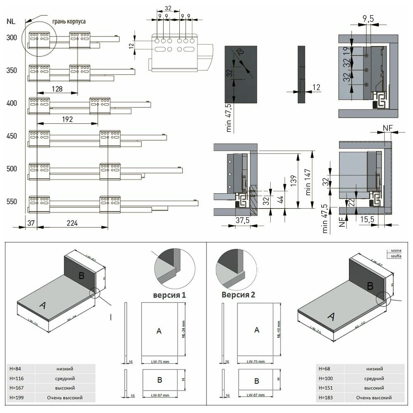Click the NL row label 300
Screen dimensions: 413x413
(x=12, y=38)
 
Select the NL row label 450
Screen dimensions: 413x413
(x=12, y=136)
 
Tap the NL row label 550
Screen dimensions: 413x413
(x=12, y=202)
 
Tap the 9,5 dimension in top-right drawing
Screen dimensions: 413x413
(x=368, y=19)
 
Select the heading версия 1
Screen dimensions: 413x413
(x=169, y=295)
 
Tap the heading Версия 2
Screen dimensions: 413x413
(x=239, y=295)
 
